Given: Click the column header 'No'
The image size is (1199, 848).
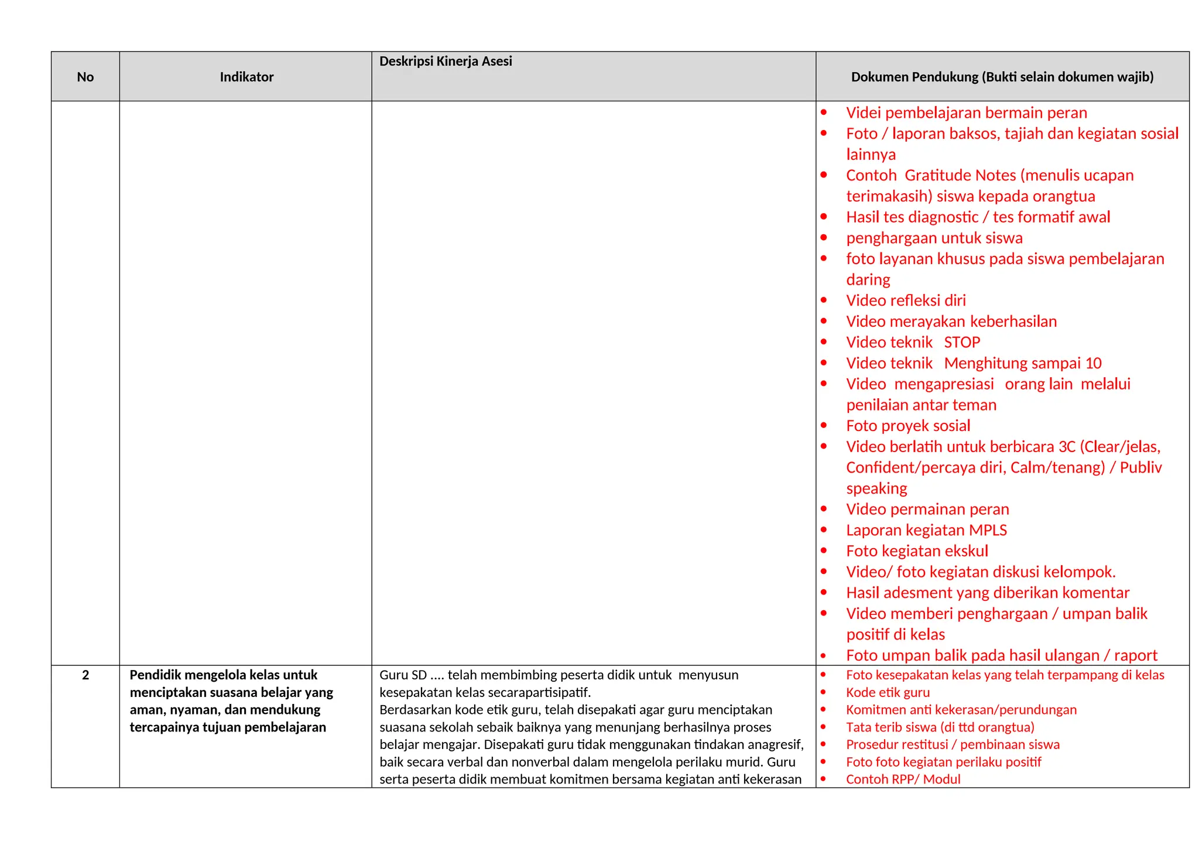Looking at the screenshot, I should point(85,77).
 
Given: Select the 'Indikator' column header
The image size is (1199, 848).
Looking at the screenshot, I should point(246,77).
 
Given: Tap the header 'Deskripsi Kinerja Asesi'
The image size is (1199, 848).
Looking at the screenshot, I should point(446,61).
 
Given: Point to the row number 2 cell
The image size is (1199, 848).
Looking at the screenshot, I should point(85,675).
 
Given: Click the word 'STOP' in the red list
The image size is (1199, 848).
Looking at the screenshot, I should point(961,343).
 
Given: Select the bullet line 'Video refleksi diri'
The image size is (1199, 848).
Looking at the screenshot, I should point(906,300).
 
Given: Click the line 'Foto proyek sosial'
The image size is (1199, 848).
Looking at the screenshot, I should point(908,426).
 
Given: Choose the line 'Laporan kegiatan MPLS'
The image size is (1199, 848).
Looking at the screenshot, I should point(926,530).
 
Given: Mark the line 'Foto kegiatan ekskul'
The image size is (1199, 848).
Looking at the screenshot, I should point(917,551).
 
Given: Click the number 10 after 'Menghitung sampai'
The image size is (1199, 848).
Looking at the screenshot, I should point(1093,363).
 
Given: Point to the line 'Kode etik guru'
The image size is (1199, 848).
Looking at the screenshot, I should point(888,692).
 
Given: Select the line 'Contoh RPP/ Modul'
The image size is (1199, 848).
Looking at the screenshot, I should point(903,779).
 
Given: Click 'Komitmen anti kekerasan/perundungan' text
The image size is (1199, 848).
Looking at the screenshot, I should point(961,710).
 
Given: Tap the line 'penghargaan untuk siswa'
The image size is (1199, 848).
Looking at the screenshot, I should point(934,238).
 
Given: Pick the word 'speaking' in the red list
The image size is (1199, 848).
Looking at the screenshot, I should point(876,488).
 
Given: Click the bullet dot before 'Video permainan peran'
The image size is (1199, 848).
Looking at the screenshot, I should point(824,509).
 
